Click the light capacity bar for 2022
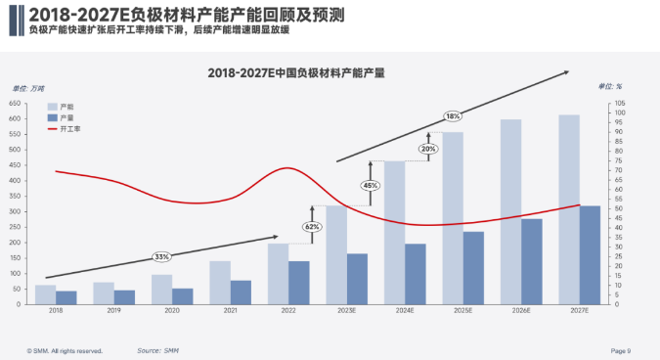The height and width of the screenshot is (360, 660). click(x=278, y=273)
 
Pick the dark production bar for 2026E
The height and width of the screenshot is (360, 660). click(x=531, y=261)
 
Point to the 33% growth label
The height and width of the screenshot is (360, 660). click(x=161, y=256)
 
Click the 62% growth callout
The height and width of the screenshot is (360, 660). click(x=312, y=226)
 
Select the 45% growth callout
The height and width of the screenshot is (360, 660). click(x=371, y=185)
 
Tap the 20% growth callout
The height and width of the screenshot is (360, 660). click(x=428, y=149)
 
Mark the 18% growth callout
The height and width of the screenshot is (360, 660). click(x=453, y=115)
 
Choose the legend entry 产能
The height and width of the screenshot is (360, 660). click(x=66, y=105)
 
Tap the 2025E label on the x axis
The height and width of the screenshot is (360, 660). click(x=462, y=311)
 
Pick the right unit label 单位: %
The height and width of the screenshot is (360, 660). click(x=610, y=87)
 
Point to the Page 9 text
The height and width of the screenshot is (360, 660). click(x=621, y=349)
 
